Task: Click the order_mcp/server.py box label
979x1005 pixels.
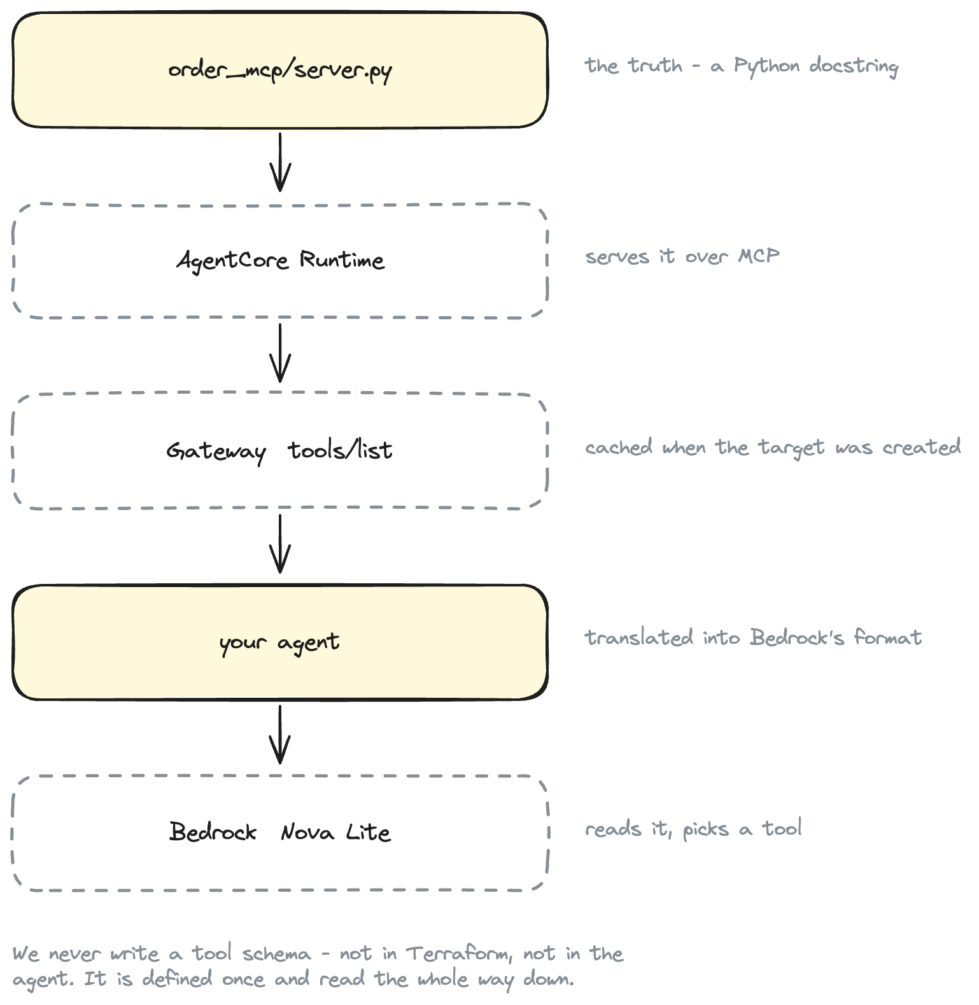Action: tap(280, 71)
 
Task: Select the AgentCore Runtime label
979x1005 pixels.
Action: tap(280, 261)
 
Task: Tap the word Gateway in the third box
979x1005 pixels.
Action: tap(216, 452)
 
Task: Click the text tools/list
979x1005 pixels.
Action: tap(341, 450)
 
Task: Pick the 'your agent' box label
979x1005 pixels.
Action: tap(279, 643)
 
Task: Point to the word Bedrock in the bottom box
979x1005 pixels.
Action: tap(213, 832)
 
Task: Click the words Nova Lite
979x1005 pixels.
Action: tap(335, 832)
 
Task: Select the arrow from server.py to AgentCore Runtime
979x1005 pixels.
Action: tap(280, 162)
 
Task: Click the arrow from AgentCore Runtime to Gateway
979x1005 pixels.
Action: tap(280, 353)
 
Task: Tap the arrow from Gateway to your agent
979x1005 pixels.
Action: tap(280, 544)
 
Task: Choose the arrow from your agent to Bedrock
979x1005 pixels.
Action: tap(280, 735)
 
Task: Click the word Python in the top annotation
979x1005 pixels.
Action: tap(766, 66)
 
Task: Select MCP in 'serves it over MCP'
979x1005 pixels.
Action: tap(759, 256)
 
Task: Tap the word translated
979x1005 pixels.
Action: tap(639, 637)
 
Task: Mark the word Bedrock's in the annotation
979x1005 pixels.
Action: tap(798, 637)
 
